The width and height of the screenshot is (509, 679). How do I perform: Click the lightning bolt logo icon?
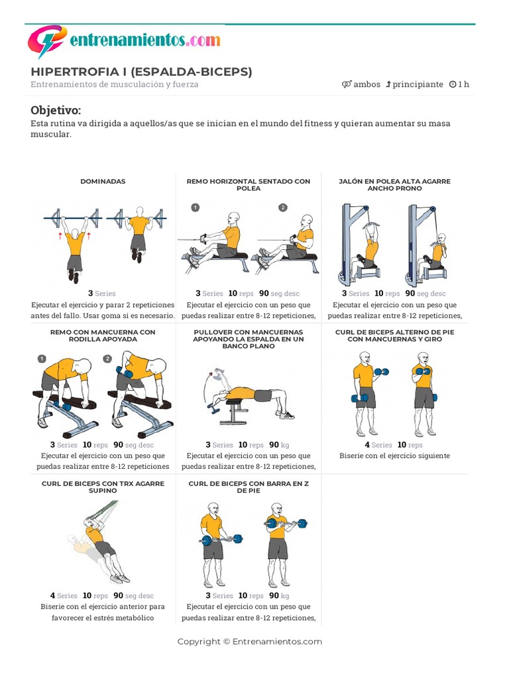47,40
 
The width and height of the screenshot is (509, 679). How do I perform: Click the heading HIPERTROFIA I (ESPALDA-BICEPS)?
141,72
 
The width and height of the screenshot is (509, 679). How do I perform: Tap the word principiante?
418,84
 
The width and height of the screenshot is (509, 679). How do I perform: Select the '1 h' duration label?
463,84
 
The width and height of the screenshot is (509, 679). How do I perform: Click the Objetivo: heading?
56,110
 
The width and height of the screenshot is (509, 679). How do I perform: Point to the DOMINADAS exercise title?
103,182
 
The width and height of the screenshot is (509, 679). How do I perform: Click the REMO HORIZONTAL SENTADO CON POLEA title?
249,185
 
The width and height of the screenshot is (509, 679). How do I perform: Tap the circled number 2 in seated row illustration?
282,208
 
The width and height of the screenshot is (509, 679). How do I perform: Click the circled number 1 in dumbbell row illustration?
42,359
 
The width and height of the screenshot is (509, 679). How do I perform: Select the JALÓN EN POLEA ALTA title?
395,185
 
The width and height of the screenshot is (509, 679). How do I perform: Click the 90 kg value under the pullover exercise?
279,445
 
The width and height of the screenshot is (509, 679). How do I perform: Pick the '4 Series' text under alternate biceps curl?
378,445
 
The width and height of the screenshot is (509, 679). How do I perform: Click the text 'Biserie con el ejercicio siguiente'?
395,456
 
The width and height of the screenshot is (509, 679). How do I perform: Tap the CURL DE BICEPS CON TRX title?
103,487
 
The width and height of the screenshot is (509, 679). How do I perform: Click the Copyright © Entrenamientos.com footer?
250,641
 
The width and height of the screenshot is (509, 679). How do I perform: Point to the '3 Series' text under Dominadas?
101,293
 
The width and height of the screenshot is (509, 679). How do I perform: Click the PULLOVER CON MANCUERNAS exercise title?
249,339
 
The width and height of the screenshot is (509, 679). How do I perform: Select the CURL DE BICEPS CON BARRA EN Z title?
249,487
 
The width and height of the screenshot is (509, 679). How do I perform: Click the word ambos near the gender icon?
367,84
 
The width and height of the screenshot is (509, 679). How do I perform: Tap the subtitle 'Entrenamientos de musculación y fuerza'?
114,84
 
